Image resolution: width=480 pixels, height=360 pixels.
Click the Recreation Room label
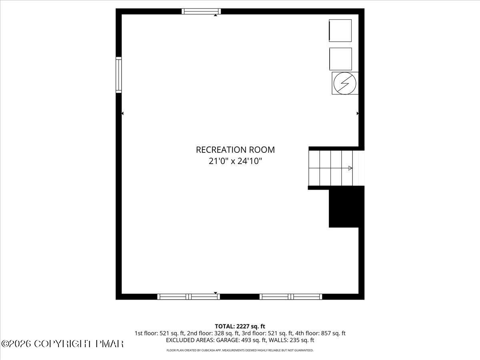coord(235,150)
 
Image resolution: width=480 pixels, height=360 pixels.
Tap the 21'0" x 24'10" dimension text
coord(235,162)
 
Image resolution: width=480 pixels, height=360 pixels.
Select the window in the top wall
coord(201,11)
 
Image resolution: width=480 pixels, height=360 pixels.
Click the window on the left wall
coord(119,75)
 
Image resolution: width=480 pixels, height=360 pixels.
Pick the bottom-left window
coord(188,296)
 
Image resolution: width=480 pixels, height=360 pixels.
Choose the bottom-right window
coord(291,296)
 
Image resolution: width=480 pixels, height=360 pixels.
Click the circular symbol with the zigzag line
coord(344,83)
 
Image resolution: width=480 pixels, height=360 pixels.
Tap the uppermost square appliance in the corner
coord(340,30)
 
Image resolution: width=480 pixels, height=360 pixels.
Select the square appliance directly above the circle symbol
coord(340,59)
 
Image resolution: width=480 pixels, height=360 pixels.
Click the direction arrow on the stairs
coord(350,168)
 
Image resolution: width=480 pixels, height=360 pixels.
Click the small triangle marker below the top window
coord(216,15)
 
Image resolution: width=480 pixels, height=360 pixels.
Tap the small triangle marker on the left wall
coord(122,114)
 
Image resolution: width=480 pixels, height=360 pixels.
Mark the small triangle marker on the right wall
coord(358,114)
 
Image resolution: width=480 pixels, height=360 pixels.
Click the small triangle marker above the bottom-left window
coord(216,293)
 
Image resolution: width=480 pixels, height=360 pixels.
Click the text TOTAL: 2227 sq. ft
coord(240,326)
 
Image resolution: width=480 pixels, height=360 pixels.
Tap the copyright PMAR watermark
coord(62,344)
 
